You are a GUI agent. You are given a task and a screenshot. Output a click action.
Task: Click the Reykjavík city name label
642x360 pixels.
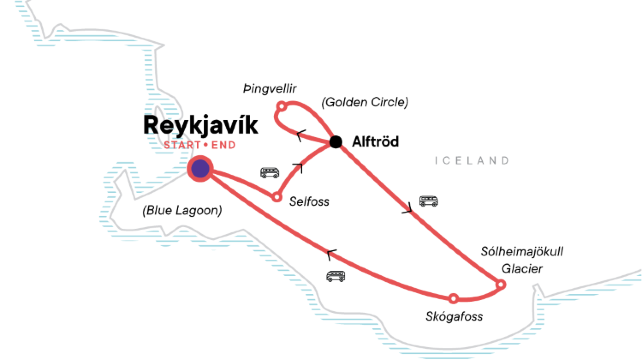pyautogui.click(x=187, y=126)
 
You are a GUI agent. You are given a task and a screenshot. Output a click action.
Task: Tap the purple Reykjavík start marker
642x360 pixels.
pyautogui.click(x=200, y=169)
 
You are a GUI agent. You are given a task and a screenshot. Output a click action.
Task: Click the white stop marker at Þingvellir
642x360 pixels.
pyautogui.click(x=282, y=106)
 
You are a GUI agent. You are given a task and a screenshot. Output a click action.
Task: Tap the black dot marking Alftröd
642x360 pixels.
pyautogui.click(x=336, y=141)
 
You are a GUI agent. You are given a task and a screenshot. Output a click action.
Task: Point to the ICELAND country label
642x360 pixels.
pyautogui.click(x=472, y=161)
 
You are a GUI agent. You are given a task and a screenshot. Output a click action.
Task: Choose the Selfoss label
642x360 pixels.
pyautogui.click(x=309, y=201)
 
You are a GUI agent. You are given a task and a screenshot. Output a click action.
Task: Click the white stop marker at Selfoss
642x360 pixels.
pyautogui.click(x=277, y=196)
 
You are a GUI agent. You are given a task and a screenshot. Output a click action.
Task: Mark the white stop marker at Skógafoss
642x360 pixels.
pyautogui.click(x=454, y=298)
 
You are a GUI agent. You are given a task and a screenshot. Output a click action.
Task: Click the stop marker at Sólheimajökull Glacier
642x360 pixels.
pyautogui.click(x=501, y=284)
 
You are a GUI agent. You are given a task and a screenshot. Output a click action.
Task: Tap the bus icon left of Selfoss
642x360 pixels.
pyautogui.click(x=269, y=172)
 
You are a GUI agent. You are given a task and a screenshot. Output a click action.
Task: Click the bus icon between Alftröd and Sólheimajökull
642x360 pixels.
pyautogui.click(x=428, y=201)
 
